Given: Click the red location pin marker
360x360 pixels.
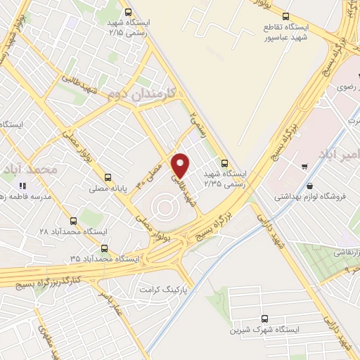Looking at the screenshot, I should pyautogui.click(x=181, y=165).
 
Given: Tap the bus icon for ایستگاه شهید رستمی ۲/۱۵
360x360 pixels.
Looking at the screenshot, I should pyautogui.click(x=127, y=12).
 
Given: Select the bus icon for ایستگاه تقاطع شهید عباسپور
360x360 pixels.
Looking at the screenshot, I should pyautogui.click(x=285, y=15).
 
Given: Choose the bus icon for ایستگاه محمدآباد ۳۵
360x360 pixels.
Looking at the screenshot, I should pyautogui.click(x=105, y=247).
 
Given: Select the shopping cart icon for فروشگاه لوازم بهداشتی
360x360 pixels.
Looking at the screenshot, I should pyautogui.click(x=304, y=167).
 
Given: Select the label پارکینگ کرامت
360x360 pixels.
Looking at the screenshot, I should pyautogui.click(x=165, y=289).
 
